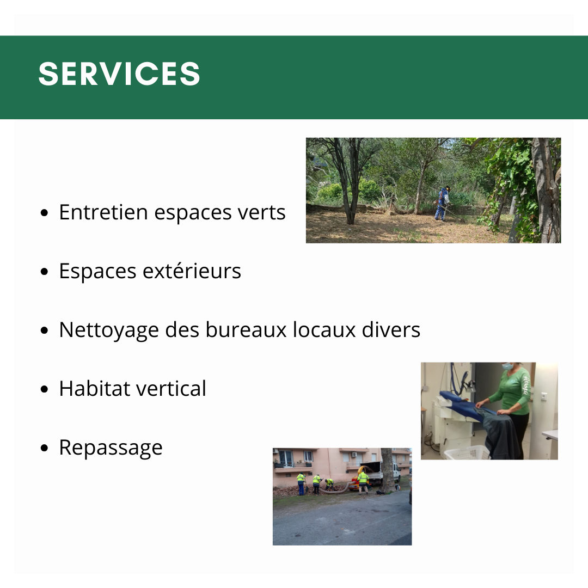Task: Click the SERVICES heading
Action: pyautogui.click(x=119, y=74)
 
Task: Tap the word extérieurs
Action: pyautogui.click(x=192, y=271)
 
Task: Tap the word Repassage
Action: pyautogui.click(x=111, y=448)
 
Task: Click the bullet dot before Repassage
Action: pyautogui.click(x=44, y=448)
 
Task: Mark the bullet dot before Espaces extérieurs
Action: pyautogui.click(x=44, y=272)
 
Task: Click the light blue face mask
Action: pyautogui.click(x=507, y=366)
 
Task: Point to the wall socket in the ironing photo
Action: pyautogui.click(x=544, y=396)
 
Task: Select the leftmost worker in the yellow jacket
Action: pyautogui.click(x=301, y=484)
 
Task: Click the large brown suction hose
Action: pyautogui.click(x=334, y=489)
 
